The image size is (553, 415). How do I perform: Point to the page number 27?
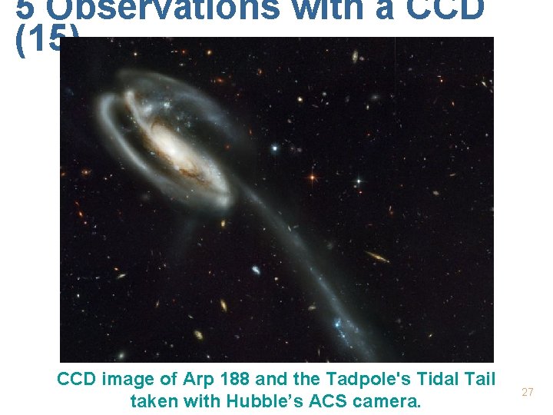[x=528, y=392]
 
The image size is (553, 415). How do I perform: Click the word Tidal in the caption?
[x=436, y=379]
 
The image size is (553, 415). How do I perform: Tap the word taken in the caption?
[x=153, y=400]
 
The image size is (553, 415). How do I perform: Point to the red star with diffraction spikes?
[x=312, y=178]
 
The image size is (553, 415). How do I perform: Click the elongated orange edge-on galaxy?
[x=376, y=257]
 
